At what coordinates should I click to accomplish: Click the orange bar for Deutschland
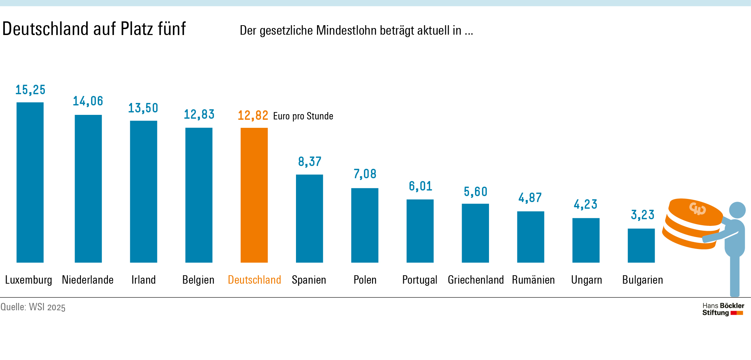pos(254,195)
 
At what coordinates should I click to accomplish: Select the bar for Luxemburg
pos(30,182)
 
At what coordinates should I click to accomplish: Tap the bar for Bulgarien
pos(641,245)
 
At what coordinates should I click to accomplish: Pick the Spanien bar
pos(309,219)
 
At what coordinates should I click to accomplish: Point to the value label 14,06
pos(88,101)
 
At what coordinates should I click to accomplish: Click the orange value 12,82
pos(253,115)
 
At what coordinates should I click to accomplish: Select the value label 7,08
pos(365,174)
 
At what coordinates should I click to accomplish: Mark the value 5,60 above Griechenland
pos(475,192)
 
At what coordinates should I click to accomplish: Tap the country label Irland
pos(143,280)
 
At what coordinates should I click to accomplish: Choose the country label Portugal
pos(420,280)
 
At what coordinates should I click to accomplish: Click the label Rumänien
pos(533,280)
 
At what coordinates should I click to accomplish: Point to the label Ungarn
pos(586,280)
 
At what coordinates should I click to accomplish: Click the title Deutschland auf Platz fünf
pos(94,29)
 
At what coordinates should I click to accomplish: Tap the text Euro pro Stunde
pos(303,116)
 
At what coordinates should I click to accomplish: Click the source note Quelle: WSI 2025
pos(33,307)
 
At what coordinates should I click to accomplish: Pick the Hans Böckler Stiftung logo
pos(723,309)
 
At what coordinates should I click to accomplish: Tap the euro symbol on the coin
pos(697,209)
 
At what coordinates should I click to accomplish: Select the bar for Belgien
pos(199,195)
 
